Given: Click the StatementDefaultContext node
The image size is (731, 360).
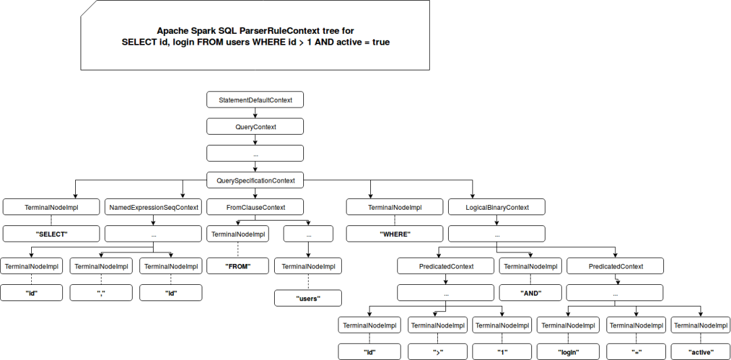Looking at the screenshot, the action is (x=255, y=99).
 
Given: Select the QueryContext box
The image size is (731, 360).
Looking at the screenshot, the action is (x=255, y=127).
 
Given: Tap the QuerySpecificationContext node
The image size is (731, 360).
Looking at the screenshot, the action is (x=255, y=180).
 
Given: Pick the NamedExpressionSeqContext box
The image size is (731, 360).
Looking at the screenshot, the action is (x=154, y=207).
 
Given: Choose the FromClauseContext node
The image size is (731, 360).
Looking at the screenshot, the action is (x=255, y=207).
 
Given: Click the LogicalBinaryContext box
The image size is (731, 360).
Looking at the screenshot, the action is (x=497, y=207).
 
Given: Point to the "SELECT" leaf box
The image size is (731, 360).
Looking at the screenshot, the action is (x=51, y=233).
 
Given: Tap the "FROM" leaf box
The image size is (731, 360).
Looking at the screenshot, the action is (x=238, y=266).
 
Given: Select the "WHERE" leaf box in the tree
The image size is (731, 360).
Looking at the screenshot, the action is (x=395, y=233).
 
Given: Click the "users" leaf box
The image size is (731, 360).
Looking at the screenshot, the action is (x=308, y=298).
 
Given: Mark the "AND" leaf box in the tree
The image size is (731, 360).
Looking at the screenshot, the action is (x=531, y=293).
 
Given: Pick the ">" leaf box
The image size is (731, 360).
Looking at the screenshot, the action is (x=437, y=352).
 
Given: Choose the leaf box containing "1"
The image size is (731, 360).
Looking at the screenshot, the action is (x=502, y=352).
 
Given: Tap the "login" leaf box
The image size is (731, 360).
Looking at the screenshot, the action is (x=568, y=352).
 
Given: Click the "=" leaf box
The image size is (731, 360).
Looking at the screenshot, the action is (x=637, y=352).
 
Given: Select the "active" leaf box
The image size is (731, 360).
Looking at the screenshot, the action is (x=701, y=352).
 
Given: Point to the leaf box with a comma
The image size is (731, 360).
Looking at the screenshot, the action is (x=101, y=293).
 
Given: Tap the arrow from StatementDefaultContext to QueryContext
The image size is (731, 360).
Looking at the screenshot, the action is (x=255, y=113).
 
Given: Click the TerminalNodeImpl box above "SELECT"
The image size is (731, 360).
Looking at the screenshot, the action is (x=51, y=207).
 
